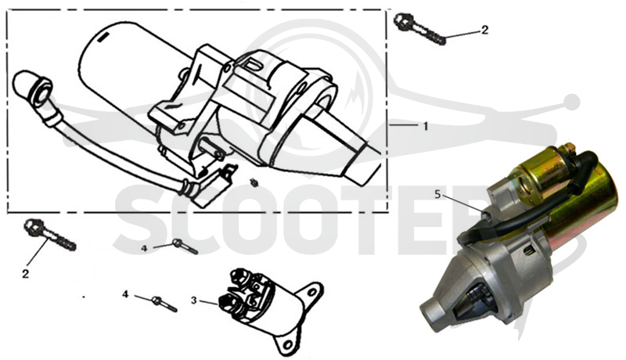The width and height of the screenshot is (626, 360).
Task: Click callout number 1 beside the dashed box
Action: [x=426, y=126]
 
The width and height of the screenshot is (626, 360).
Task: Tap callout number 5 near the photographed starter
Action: [x=437, y=195]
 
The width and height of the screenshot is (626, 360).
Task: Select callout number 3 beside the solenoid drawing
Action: [x=193, y=301]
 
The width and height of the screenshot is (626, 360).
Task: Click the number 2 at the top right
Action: [x=484, y=30]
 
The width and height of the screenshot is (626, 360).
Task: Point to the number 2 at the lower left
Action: [x=26, y=274]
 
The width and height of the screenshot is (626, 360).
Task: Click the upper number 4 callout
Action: [x=144, y=248]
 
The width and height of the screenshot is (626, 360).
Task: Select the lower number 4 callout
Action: [x=125, y=294]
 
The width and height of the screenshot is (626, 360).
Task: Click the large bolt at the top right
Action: [x=419, y=28]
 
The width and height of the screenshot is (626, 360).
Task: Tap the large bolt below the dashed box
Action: [x=50, y=235]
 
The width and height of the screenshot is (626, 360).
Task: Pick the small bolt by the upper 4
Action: [x=185, y=247]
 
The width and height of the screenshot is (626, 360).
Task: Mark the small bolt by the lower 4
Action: [x=164, y=304]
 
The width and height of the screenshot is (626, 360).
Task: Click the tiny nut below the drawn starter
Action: [x=254, y=183]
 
